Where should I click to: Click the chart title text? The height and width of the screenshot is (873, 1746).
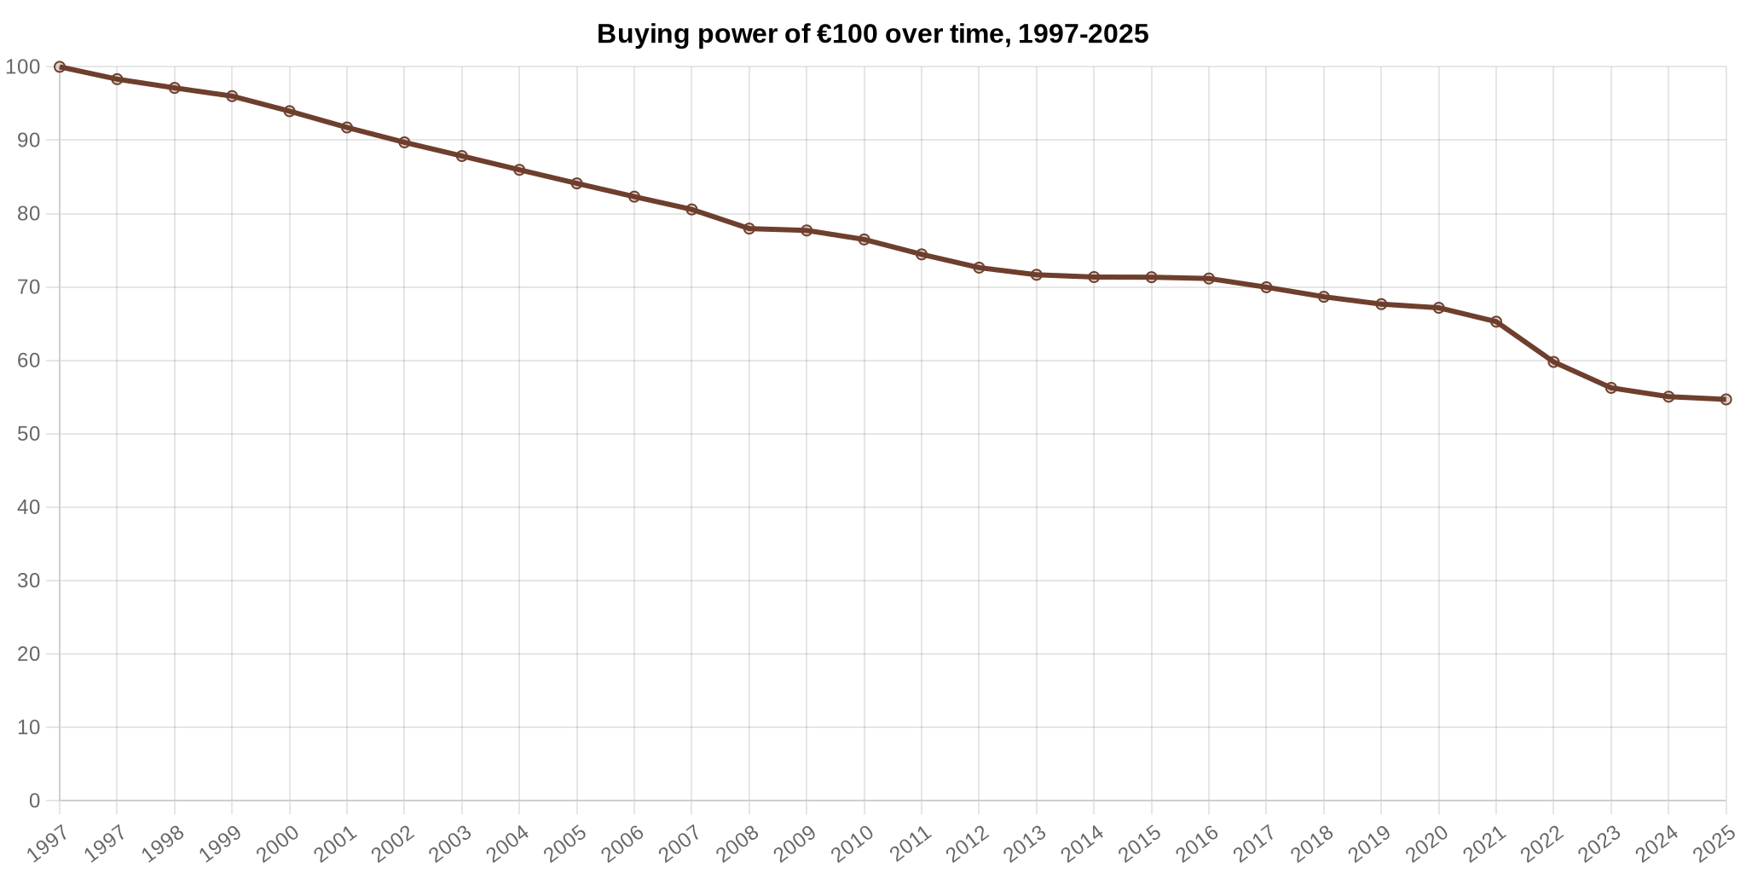[872, 34]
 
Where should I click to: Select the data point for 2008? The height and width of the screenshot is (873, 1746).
[749, 228]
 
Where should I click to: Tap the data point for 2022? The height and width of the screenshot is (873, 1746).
[1553, 361]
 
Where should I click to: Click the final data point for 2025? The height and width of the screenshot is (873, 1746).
[1726, 399]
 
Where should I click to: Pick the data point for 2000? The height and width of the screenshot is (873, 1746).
[289, 111]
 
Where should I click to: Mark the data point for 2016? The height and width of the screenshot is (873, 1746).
[1209, 278]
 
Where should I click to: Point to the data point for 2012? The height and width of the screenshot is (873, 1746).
[979, 268]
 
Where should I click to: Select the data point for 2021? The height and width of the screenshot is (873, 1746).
[1496, 321]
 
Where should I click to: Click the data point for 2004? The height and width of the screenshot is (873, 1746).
[519, 170]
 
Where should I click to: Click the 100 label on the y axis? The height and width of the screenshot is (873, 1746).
[23, 66]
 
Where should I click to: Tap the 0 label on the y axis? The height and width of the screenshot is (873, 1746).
[34, 801]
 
